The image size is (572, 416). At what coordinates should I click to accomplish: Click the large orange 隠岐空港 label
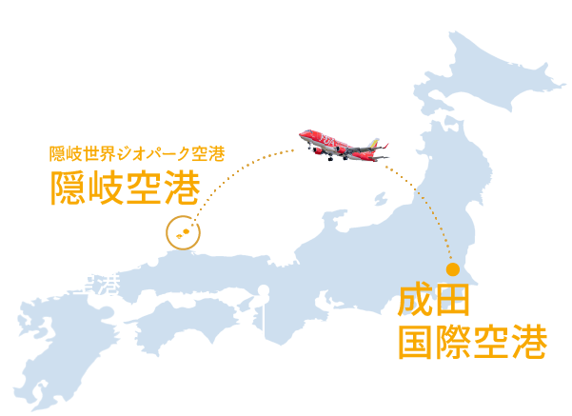coord(125,188)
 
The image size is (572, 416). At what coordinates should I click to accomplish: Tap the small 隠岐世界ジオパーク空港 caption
coord(136,152)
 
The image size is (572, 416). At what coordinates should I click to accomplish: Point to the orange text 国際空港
coord(472,340)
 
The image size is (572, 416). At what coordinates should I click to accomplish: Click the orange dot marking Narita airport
coord(453,269)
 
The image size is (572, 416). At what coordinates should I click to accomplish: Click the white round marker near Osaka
coord(263,291)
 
